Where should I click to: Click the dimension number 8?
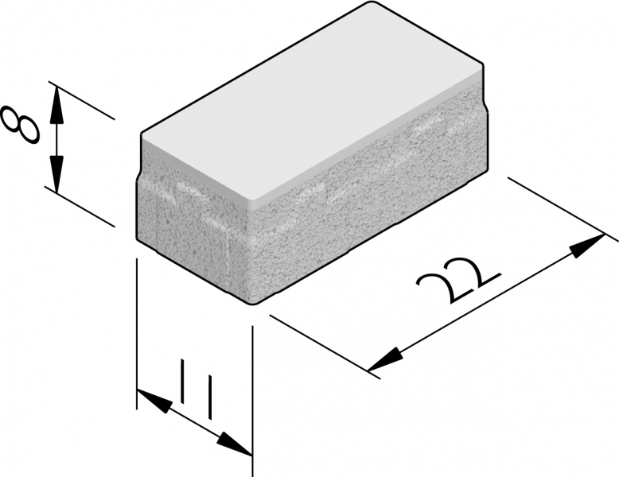click(x=21, y=125)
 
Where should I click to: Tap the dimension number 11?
click(x=197, y=389)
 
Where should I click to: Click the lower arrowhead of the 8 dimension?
click(x=57, y=174)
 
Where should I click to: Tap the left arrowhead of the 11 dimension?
click(x=154, y=401)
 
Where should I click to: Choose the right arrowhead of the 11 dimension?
click(x=235, y=444)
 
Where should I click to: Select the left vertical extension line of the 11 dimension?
click(x=137, y=334)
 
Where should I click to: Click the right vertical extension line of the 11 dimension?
click(x=252, y=401)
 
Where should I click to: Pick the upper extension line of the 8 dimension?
click(x=81, y=100)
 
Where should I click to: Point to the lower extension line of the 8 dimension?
click(x=80, y=207)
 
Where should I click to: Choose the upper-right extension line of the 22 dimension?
click(x=563, y=209)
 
